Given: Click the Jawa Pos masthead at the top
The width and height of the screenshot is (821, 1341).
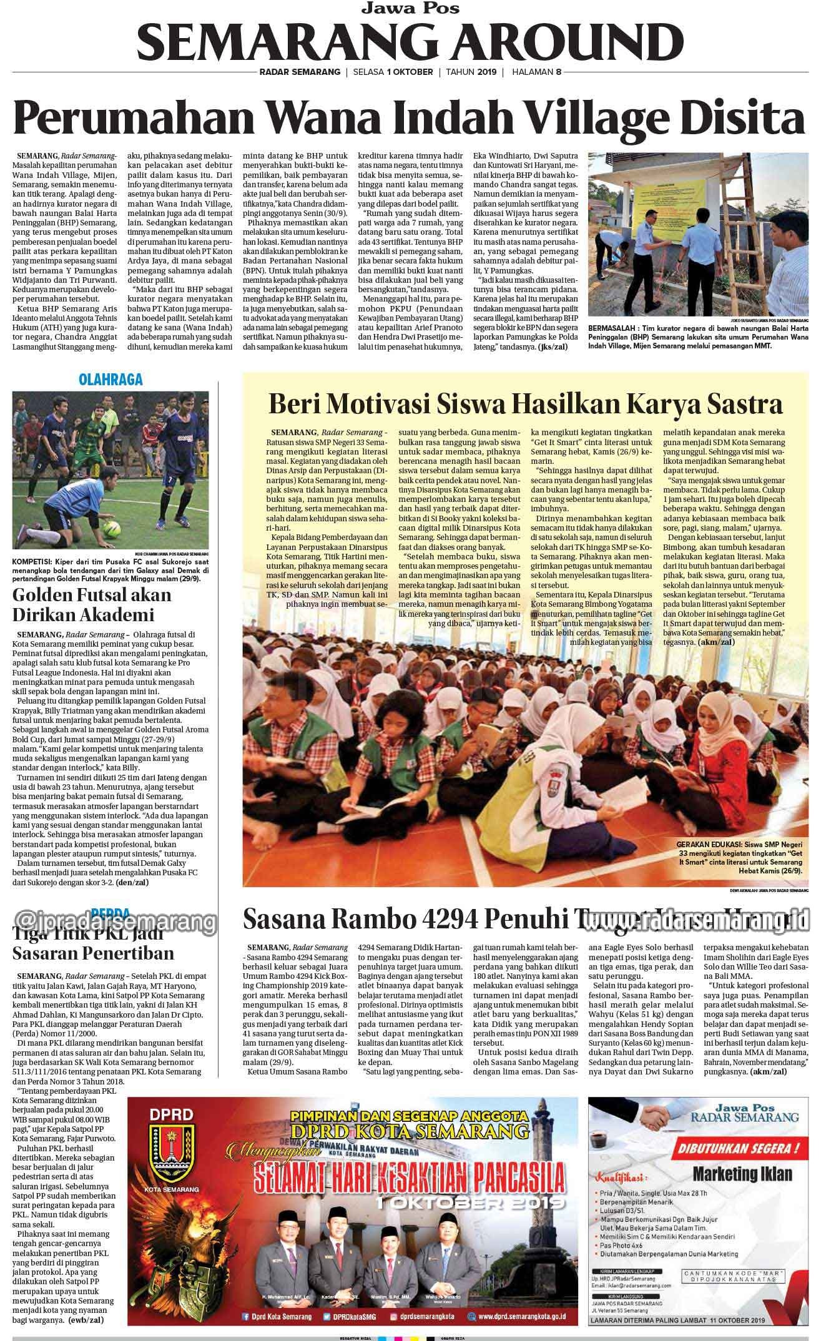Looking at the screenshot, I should (x=410, y=8).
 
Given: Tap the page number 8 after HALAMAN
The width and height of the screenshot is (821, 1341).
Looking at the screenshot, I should (x=559, y=72).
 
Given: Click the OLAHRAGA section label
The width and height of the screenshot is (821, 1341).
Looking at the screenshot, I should (x=111, y=379).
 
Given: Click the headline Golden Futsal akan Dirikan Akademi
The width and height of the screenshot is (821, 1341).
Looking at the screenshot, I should (x=92, y=604).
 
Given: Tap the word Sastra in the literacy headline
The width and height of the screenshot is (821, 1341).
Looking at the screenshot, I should (x=744, y=404).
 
